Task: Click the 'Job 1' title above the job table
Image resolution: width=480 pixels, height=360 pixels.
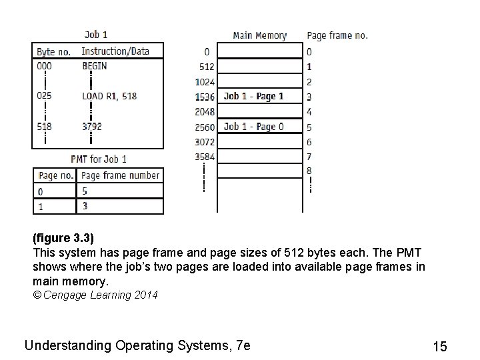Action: (96, 35)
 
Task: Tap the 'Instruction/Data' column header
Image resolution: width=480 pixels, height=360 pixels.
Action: (115, 51)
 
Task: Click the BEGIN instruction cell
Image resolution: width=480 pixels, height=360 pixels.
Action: (94, 66)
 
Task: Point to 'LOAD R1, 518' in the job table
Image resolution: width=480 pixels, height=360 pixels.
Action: (109, 96)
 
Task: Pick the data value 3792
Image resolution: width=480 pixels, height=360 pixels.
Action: (92, 126)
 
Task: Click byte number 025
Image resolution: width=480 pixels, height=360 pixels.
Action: (44, 96)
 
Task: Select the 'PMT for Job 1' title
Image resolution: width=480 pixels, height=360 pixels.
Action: (99, 159)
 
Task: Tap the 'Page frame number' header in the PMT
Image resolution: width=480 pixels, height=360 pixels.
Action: (120, 175)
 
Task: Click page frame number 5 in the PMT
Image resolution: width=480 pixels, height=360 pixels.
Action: (85, 191)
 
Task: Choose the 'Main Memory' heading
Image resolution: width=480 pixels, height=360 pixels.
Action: (260, 35)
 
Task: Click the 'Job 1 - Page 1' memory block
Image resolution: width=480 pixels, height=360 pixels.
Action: (254, 96)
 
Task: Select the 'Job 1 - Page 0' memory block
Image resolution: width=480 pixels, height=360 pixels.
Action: (254, 127)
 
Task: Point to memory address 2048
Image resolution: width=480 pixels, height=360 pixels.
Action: (205, 111)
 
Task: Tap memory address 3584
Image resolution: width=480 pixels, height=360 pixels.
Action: (205, 157)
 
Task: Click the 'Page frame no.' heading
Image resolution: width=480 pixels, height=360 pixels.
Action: (337, 35)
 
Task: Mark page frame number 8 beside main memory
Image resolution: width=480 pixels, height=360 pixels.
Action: (309, 171)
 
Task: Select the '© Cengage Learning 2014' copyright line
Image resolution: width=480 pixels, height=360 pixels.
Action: (95, 295)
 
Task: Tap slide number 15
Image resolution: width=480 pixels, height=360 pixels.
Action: (440, 347)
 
